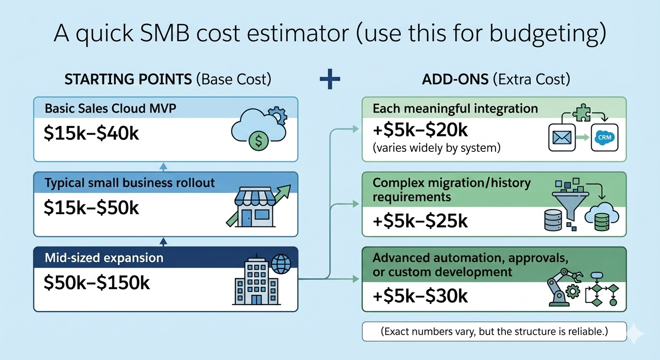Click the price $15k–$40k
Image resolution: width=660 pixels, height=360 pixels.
tap(91, 134)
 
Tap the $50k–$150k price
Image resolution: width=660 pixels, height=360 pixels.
tap(97, 283)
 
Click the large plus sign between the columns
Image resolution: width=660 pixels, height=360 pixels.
tap(330, 80)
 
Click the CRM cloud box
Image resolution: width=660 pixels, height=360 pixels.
tap(605, 137)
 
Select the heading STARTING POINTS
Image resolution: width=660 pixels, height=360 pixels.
tap(128, 79)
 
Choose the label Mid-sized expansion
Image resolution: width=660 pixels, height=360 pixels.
tap(104, 257)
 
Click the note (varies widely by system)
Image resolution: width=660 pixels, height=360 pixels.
tap(437, 148)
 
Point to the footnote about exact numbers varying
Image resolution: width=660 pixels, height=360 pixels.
tap(494, 331)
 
